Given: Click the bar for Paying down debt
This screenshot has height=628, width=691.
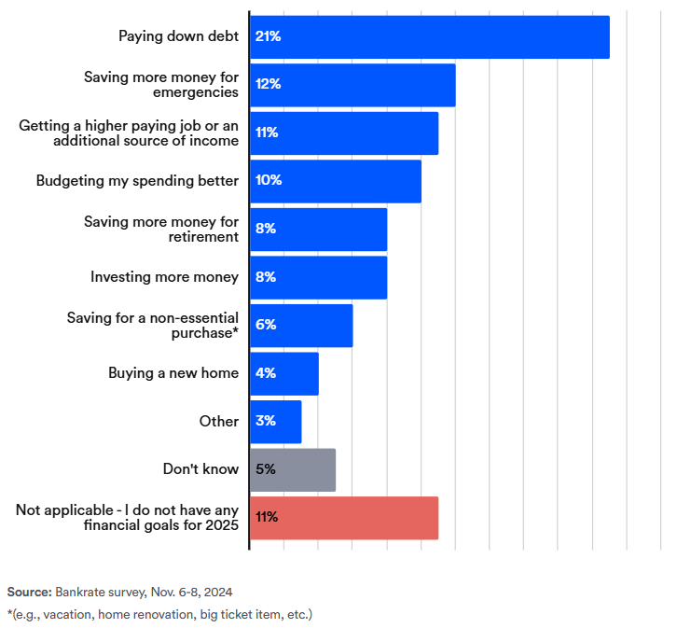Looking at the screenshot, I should (429, 37).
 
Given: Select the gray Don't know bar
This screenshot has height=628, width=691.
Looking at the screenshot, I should (292, 469).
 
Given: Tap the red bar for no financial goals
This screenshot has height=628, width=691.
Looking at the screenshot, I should (343, 518).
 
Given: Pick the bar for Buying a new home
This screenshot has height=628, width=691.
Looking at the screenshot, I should (283, 373).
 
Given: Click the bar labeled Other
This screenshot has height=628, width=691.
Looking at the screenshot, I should (275, 422).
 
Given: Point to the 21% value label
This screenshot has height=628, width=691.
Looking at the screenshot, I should (268, 36).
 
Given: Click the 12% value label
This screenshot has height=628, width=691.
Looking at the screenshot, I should (268, 85).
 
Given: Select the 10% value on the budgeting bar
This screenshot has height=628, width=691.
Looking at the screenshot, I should (268, 181).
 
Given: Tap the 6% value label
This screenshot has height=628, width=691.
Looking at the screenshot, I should (265, 325).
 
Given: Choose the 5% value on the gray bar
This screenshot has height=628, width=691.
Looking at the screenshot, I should (265, 469).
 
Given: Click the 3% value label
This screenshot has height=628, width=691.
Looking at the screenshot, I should (265, 422).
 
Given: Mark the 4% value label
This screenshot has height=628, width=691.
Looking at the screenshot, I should (265, 373).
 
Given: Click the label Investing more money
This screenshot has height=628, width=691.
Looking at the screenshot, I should (164, 277).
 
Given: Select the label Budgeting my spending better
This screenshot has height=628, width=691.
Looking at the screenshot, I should (137, 181).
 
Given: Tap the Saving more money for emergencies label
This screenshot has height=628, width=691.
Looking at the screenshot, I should (161, 85).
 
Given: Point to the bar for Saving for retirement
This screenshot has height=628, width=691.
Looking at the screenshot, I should (318, 230).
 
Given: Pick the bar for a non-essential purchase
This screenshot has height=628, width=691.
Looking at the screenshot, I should (301, 326).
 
